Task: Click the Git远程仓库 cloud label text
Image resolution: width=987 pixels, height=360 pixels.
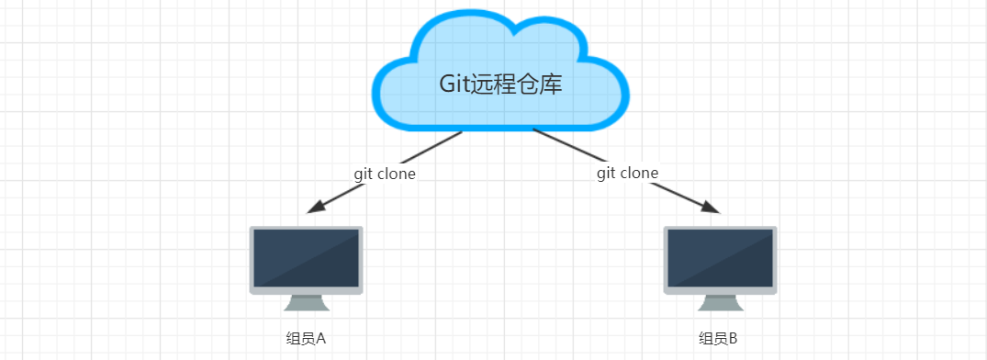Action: coord(499,84)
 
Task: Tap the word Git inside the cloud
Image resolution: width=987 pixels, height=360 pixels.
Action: coord(453,84)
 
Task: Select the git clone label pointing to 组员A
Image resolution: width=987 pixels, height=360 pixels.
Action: coord(385,174)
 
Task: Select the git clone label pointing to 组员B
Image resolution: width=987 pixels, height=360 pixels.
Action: coord(628,173)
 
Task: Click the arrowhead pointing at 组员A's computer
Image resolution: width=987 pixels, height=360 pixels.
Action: coord(316,207)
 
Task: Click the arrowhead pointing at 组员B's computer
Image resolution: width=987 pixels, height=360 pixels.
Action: coord(711,207)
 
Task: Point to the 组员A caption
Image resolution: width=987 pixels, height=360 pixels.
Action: coord(306,339)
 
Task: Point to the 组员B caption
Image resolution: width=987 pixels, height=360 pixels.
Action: coord(718,339)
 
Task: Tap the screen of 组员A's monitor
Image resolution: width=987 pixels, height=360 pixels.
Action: coord(306,258)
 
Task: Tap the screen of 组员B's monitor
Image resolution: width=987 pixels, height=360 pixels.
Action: coord(720,258)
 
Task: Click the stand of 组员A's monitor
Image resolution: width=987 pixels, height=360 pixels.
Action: coord(307,303)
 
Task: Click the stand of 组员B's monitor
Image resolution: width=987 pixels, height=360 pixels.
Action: coord(721,303)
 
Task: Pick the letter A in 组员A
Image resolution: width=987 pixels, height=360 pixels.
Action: coord(320,339)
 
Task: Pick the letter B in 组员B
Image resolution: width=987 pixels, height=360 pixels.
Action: coord(733,339)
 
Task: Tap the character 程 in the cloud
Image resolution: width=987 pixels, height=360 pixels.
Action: coord(503,84)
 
